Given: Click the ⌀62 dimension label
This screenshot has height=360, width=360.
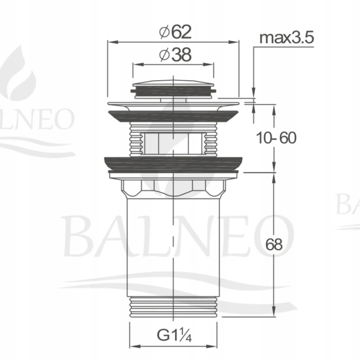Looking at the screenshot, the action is pos(175,32).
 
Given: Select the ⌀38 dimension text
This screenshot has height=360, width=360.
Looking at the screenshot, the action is pos(175,55).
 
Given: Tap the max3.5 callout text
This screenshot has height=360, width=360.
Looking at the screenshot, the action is pos(287,38).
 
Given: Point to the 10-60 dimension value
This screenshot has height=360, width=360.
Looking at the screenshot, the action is pos(276,138).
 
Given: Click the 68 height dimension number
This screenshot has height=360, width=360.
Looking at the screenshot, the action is pos(274,244).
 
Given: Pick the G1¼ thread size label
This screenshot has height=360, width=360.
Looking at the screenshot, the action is pos(174,336).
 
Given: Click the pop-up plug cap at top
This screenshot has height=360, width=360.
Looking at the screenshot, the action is pos(173,89).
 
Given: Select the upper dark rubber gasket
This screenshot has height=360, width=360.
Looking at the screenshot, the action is pos(173,117).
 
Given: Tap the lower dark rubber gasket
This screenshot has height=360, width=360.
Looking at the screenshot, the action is pos(173,164).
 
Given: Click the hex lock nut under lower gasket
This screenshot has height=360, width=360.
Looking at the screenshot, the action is pos(173,188).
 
